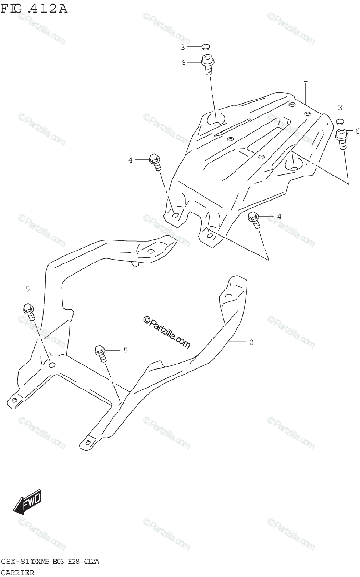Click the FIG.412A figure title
coord(34,8)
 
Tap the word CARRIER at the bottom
coord(18,572)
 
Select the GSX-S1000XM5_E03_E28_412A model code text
coord(50,562)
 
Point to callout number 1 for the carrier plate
coord(305,79)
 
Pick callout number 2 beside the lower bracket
coord(250,342)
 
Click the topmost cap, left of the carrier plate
coord(206,47)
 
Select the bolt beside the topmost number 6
coord(207,64)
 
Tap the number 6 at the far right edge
coord(357,131)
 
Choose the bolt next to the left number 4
coord(155,161)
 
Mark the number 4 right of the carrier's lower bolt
coord(279,217)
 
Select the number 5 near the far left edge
coord(27,289)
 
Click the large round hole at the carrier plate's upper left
coord(214,118)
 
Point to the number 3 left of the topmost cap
coord(183,47)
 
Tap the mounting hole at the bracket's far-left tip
coord(15,400)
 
